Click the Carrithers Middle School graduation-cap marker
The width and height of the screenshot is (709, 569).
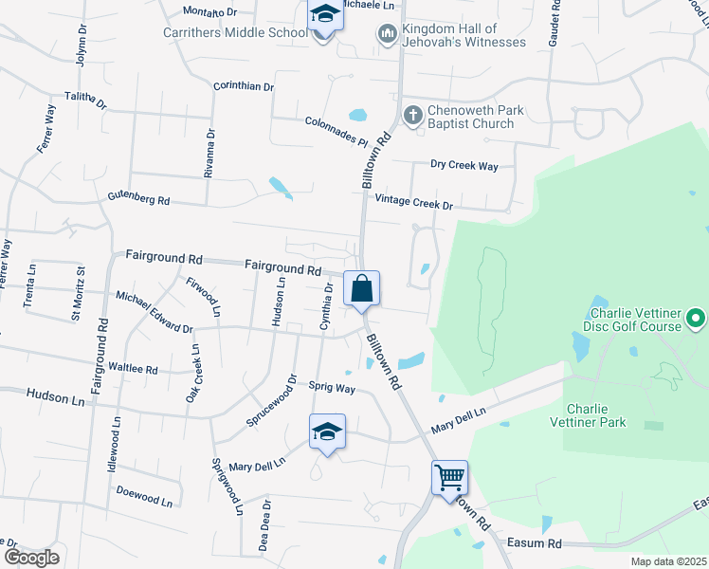tap(324, 16)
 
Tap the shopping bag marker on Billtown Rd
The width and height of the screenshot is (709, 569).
tap(362, 288)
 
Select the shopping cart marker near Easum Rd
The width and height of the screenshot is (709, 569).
tap(449, 477)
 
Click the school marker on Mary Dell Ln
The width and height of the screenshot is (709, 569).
tap(328, 431)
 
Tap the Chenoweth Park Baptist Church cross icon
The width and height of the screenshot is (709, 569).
tap(412, 116)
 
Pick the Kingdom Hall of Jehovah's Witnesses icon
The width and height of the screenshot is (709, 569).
tap(386, 35)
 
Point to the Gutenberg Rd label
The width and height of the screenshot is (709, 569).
tap(137, 200)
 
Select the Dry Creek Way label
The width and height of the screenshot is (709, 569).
tap(464, 166)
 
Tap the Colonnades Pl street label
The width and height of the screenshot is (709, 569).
tap(336, 131)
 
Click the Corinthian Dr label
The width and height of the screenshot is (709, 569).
tap(244, 86)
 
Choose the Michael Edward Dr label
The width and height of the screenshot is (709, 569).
tap(154, 312)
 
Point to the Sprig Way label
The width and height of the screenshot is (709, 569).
tap(332, 387)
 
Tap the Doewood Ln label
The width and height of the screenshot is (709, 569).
tap(144, 494)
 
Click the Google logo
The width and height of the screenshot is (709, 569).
tap(31, 557)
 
